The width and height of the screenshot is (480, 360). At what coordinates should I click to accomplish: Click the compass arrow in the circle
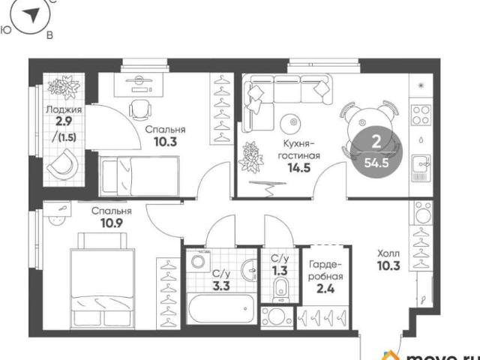click(31, 14)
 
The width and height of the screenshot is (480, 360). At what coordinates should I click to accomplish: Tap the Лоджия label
click(64, 109)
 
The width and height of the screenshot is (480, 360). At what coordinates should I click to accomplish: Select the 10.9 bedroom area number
click(112, 223)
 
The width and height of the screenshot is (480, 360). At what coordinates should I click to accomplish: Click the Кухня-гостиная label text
click(298, 149)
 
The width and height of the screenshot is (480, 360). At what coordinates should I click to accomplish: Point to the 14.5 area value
click(298, 167)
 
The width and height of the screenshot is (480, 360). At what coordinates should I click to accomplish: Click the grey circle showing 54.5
click(376, 152)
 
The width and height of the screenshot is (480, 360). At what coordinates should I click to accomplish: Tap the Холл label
click(388, 253)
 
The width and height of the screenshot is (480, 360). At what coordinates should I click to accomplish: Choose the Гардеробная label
click(325, 270)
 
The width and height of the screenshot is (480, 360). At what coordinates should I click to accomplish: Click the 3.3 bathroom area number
click(221, 286)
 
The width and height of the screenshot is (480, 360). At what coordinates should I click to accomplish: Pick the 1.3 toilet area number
click(280, 271)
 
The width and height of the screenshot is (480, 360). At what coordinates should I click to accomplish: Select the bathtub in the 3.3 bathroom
click(221, 308)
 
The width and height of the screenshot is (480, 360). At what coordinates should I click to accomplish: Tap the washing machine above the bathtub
click(199, 261)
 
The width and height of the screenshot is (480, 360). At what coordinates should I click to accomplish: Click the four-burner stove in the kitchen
click(421, 115)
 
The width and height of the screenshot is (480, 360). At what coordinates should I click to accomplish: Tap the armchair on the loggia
click(63, 163)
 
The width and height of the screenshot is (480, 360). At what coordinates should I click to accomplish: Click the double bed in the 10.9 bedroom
click(103, 280)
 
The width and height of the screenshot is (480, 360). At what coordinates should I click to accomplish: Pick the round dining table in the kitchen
click(370, 126)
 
